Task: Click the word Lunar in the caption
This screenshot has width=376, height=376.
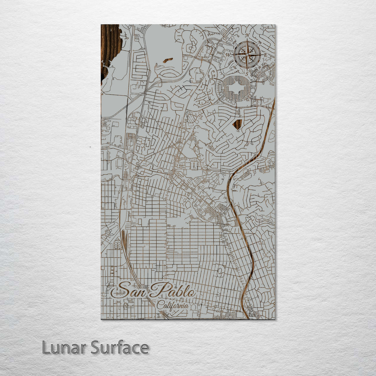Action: click(64, 347)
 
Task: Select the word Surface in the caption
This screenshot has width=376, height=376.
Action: click(120, 347)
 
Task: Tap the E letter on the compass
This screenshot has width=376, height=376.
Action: click(265, 55)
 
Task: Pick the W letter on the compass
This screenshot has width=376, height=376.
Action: click(229, 55)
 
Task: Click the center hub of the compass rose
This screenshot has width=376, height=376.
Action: click(247, 54)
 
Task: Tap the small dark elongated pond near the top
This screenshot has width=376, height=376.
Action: click(167, 60)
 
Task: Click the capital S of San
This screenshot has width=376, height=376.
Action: click(122, 290)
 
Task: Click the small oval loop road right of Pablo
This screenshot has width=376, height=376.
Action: click(220, 272)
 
